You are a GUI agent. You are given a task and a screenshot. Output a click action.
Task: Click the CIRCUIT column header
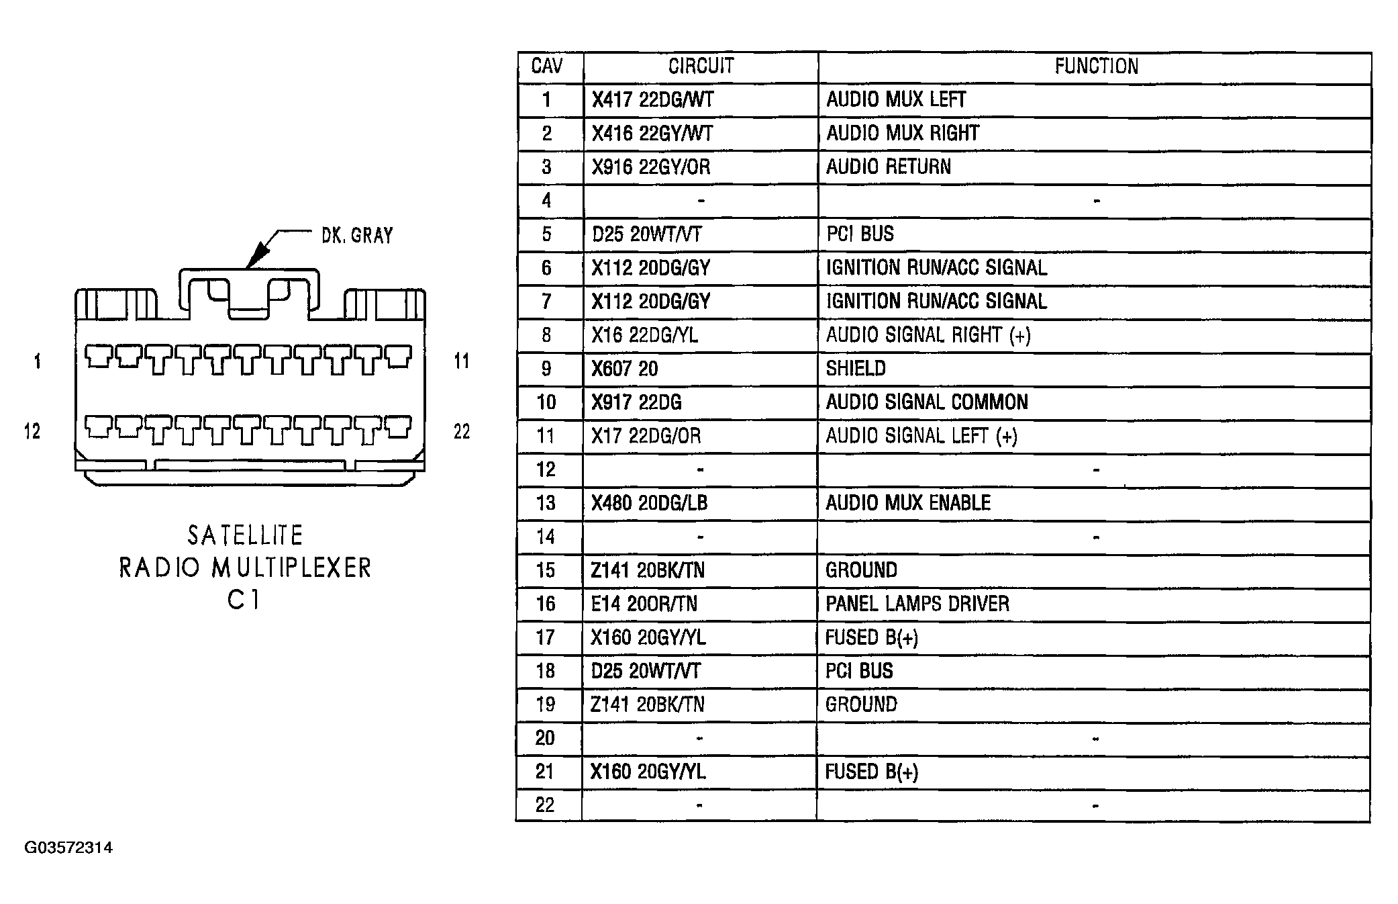pos(701,66)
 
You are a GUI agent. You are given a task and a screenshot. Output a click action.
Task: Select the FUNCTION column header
pos(1096,66)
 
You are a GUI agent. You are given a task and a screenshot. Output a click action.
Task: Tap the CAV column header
pos(547,66)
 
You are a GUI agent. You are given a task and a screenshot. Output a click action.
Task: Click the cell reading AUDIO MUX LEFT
pos(896,99)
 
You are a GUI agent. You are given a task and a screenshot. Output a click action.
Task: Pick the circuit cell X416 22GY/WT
pos(652,133)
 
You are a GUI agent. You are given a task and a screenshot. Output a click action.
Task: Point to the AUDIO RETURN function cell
pos(888,167)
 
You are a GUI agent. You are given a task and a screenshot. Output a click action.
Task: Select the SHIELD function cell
pos(856,368)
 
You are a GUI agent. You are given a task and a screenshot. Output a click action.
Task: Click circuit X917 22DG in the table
pos(636,402)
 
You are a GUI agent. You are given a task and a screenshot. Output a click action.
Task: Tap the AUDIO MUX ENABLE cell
pos(908,503)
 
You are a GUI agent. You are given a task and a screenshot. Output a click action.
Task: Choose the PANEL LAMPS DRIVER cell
pos(917,604)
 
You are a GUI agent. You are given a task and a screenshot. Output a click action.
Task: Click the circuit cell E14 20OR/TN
pos(644,604)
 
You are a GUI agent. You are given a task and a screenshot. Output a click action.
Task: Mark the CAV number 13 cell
pos(546,503)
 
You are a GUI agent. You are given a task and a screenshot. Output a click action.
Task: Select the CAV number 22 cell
pos(545,805)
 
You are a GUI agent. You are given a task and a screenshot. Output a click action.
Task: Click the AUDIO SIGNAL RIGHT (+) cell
pos(928,334)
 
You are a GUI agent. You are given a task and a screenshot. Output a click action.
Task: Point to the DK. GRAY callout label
pos(357,235)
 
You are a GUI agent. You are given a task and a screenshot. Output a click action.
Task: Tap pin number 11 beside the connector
pos(462,361)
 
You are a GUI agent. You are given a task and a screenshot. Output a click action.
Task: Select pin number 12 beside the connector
pos(32,431)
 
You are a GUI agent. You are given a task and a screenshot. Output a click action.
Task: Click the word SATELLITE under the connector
pos(245,535)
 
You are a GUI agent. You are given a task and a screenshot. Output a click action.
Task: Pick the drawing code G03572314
pos(68,848)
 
